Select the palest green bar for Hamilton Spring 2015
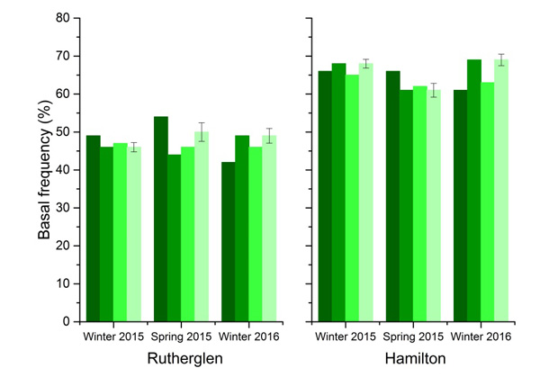click(434, 206)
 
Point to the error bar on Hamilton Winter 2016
click(501, 59)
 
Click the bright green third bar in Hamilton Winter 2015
click(353, 198)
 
